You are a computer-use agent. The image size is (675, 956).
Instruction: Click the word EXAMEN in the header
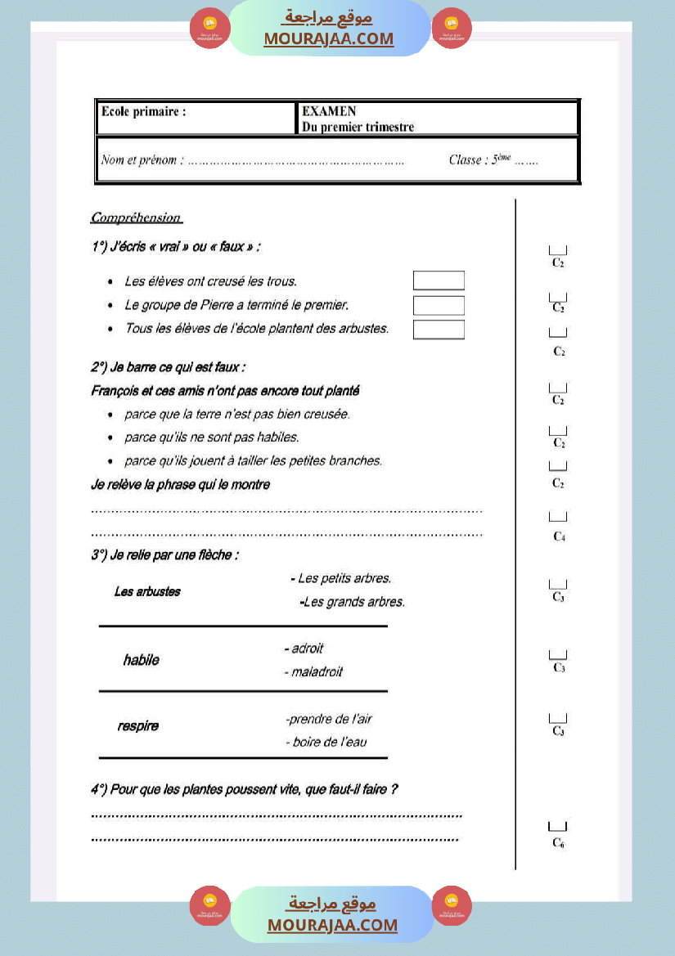[329, 112]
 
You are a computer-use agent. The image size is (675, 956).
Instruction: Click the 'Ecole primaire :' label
[143, 112]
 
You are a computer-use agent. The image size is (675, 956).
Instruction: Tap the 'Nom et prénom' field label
[142, 160]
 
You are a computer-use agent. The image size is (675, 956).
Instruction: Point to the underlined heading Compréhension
[136, 218]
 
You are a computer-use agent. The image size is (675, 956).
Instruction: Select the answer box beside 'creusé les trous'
[439, 281]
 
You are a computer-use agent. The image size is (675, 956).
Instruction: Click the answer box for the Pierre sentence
[439, 305]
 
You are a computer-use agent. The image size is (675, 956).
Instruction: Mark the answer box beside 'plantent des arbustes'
[439, 330]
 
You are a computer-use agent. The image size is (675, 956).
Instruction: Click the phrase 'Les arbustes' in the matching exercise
[147, 591]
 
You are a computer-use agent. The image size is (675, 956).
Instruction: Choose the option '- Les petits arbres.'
[341, 578]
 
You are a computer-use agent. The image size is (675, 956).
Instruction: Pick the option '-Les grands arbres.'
[353, 602]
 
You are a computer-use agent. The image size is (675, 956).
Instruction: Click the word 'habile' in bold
[141, 660]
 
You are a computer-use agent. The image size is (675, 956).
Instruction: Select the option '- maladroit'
[313, 671]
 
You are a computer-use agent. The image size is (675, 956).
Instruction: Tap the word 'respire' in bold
[138, 725]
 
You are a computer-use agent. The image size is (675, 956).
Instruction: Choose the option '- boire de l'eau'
[326, 742]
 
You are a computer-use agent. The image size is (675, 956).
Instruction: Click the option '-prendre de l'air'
[329, 719]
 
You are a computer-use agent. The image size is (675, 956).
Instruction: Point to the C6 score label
[558, 842]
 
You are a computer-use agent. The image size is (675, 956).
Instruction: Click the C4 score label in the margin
[559, 536]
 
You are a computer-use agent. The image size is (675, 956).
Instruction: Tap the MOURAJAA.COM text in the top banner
[328, 38]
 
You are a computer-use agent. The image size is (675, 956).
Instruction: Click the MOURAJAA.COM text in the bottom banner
[332, 925]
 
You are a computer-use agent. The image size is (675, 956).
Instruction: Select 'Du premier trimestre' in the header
[358, 127]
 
